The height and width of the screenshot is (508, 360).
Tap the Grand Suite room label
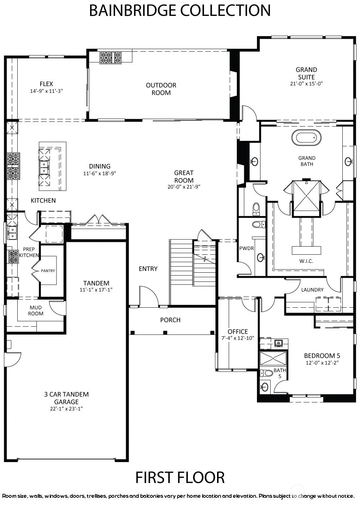click(306, 73)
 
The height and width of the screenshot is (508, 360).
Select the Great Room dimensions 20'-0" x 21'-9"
click(184, 187)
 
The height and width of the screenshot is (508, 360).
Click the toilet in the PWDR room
click(259, 224)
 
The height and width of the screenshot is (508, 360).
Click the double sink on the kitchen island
click(44, 167)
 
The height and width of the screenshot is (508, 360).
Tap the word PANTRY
click(48, 271)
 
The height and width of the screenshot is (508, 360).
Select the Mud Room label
click(36, 311)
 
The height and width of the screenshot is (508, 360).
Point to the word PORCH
click(170, 320)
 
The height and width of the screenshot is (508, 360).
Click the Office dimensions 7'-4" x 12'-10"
click(238, 338)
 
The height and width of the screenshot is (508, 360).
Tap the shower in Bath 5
click(273, 358)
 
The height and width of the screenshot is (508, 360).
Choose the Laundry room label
click(312, 290)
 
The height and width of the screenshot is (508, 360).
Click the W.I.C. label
click(306, 261)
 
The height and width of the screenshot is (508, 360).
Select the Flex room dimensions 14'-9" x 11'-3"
click(47, 91)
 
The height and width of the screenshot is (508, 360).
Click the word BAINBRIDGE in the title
click(132, 10)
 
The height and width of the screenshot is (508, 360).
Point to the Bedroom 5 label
click(322, 356)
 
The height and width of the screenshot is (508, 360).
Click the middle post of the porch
click(165, 333)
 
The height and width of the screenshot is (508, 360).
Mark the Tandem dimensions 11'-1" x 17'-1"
click(96, 290)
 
